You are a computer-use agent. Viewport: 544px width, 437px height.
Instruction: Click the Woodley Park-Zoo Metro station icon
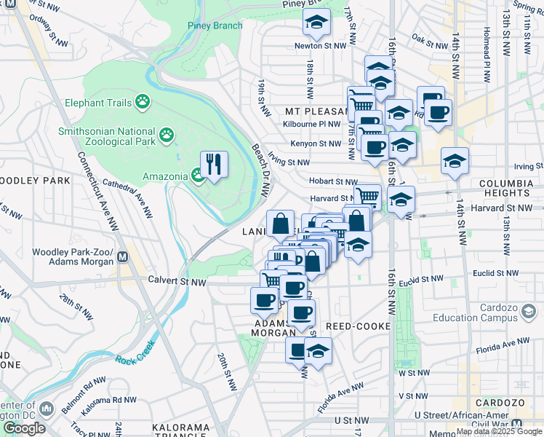point(122,257)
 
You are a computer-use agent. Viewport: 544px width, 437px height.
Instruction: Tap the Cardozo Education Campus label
point(484,312)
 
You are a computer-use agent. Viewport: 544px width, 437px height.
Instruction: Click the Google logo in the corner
point(24,428)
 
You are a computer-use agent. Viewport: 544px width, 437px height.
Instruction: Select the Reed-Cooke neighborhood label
point(353,326)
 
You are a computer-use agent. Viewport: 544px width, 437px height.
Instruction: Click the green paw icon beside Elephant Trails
point(142,103)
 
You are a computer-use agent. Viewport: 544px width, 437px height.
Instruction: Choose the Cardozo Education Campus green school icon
point(529,312)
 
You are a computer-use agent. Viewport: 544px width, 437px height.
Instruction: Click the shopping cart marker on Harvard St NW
point(368,196)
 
